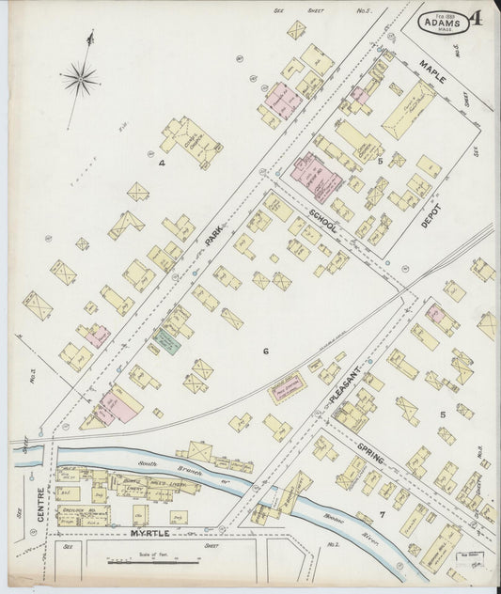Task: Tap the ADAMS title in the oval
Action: point(443,20)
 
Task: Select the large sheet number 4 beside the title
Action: point(478,18)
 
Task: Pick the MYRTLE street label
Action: point(150,533)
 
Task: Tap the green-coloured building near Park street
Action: point(166,342)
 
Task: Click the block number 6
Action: point(266,352)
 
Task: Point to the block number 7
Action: point(382,513)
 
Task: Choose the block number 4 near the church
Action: point(162,163)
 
